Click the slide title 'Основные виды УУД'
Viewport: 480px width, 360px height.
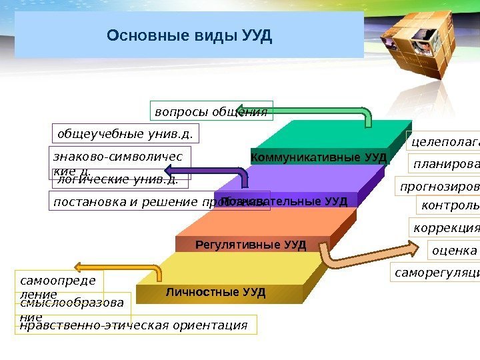pos(189,35)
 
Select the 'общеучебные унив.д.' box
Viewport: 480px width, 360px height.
pos(125,134)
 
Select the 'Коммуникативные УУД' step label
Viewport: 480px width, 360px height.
pos(319,157)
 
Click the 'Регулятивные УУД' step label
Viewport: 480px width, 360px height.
pos(251,245)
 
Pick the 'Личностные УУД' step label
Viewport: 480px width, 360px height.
pos(215,292)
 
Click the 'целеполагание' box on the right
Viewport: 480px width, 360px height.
pos(443,141)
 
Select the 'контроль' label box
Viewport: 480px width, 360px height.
pos(448,206)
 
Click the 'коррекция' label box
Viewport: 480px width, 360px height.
pos(445,227)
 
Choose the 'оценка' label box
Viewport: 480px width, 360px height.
pos(454,251)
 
